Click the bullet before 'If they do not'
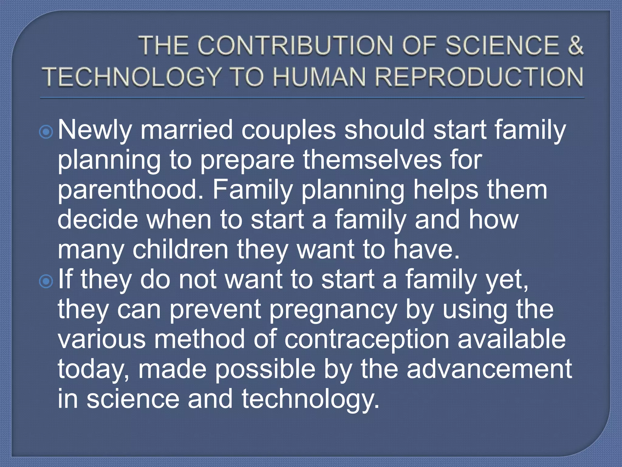(x=46, y=282)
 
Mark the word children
(x=180, y=249)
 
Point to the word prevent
(x=216, y=310)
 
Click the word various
(x=102, y=339)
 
